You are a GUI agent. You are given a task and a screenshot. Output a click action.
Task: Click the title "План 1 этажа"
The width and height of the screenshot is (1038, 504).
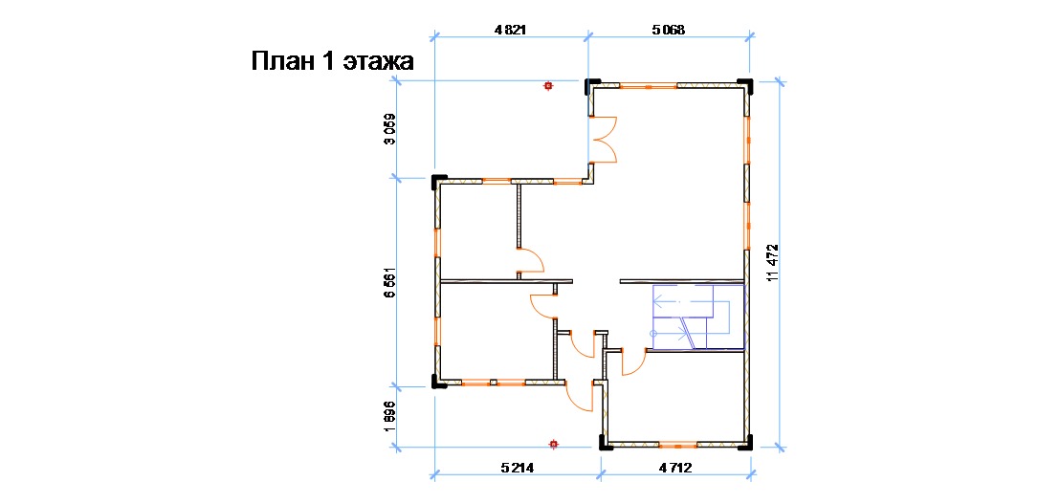(332, 61)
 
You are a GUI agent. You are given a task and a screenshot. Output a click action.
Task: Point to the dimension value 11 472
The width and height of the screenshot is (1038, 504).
(771, 263)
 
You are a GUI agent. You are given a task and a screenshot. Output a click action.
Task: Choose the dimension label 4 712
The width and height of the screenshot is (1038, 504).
(675, 469)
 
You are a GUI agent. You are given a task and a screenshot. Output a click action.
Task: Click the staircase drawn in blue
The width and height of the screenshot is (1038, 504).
(698, 317)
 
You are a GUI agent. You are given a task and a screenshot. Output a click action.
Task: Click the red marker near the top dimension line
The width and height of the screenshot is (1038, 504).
(547, 86)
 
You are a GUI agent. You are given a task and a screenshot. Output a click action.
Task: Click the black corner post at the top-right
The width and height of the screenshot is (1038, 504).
(747, 86)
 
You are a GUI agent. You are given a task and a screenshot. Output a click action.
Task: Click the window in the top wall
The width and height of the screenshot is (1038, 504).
(648, 86)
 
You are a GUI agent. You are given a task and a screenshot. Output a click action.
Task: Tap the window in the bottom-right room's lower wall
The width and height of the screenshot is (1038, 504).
(678, 445)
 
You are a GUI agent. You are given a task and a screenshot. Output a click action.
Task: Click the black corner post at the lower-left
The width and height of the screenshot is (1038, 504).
(438, 383)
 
